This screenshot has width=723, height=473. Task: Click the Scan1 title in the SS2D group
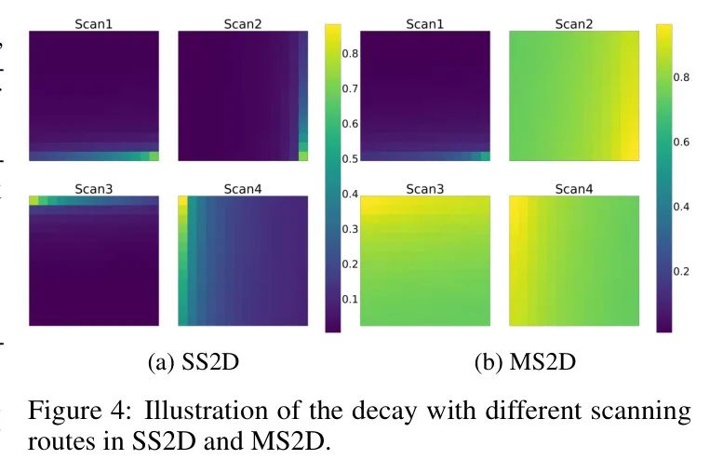(93, 23)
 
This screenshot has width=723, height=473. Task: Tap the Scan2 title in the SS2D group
(242, 23)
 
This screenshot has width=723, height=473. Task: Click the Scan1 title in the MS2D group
(424, 23)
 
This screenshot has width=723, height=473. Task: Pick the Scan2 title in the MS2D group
(573, 23)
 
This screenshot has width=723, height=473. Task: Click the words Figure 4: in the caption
(76, 412)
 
